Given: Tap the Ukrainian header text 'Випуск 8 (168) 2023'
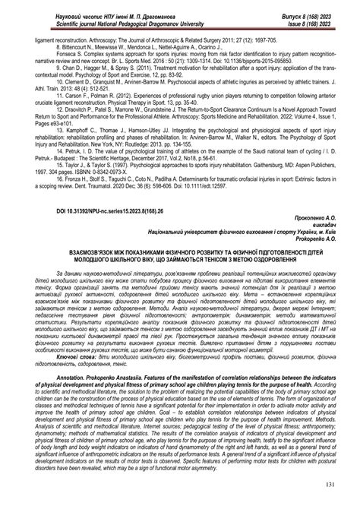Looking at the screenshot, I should (x=313, y=7).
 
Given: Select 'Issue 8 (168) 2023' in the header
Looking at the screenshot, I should (x=314, y=15).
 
